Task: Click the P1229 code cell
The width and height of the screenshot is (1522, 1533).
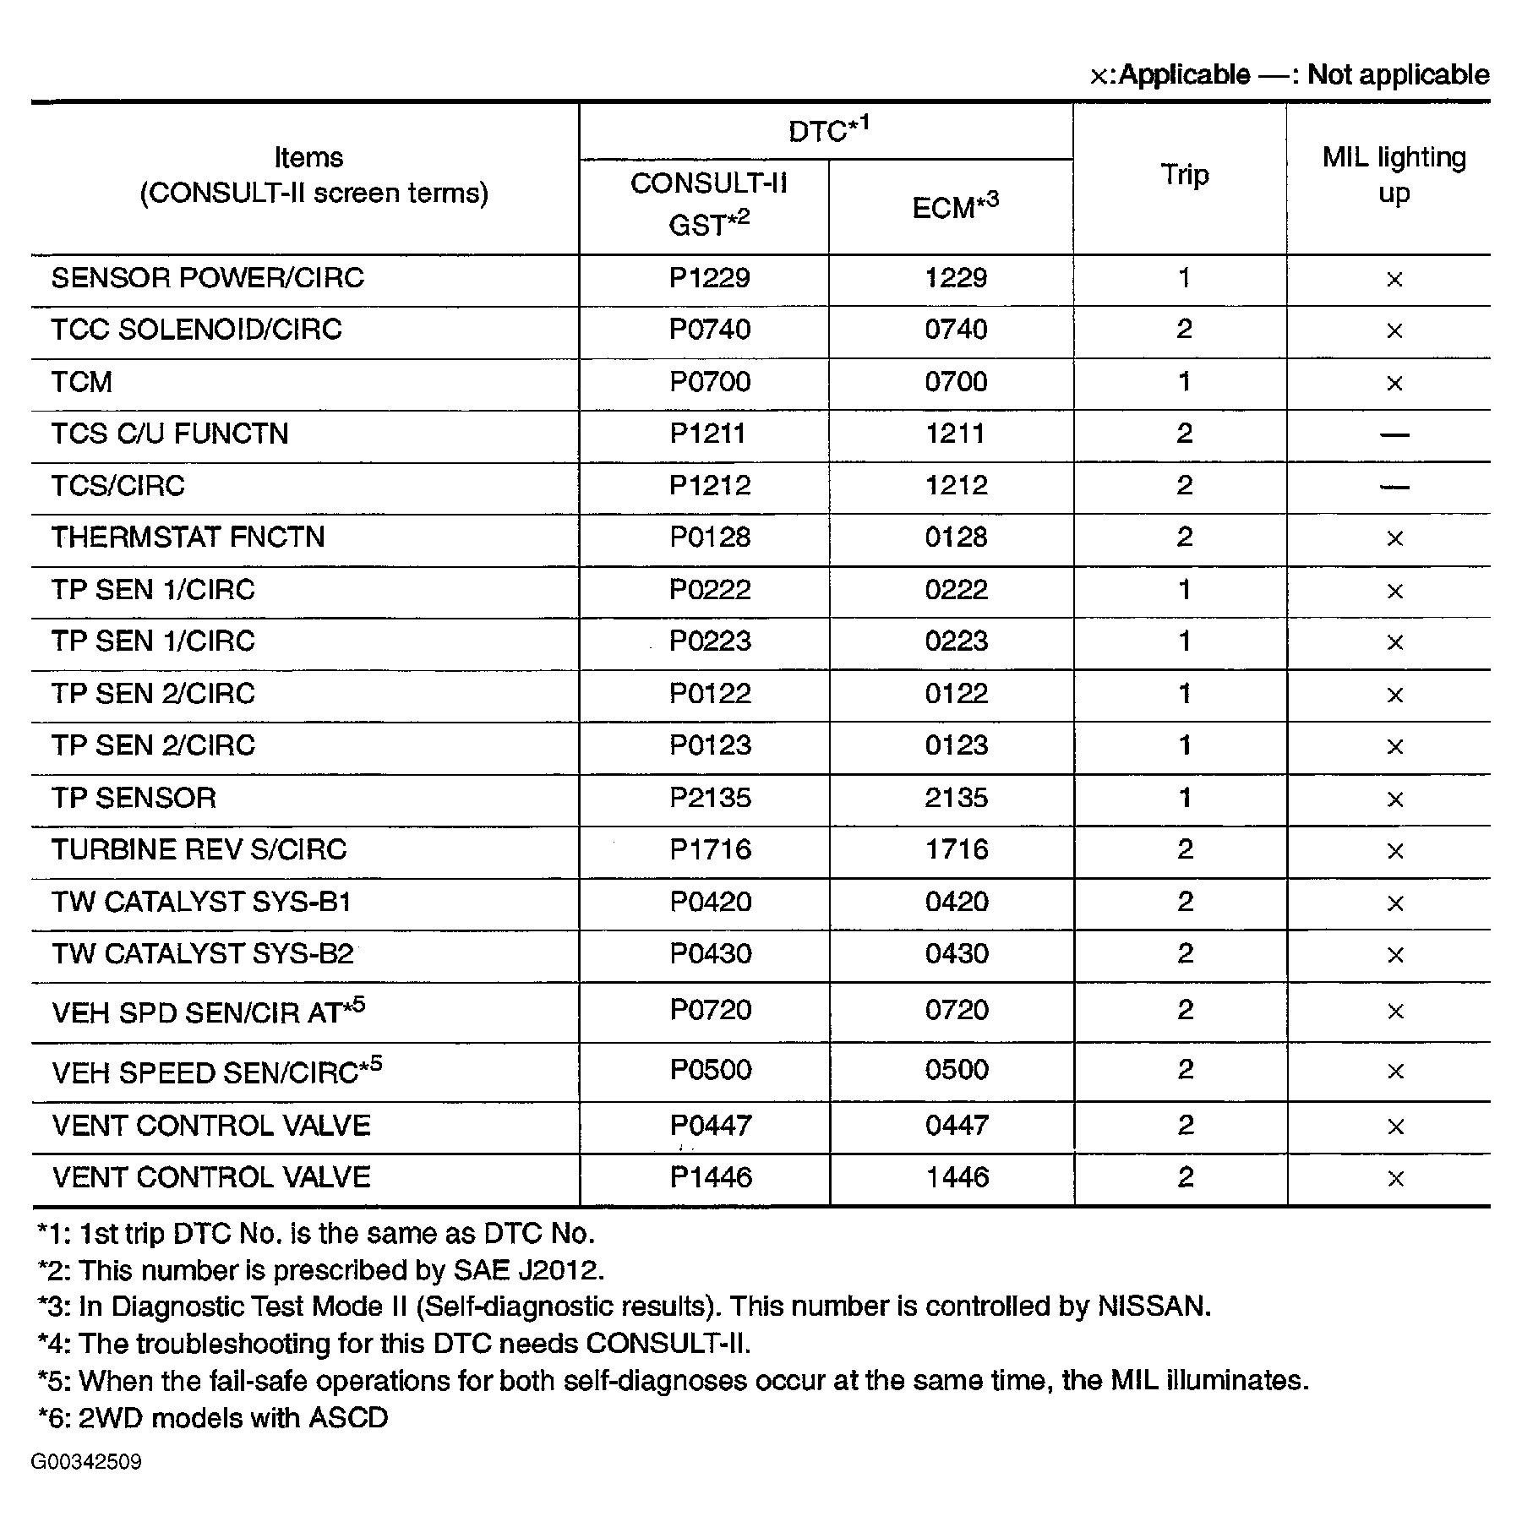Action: pos(709,278)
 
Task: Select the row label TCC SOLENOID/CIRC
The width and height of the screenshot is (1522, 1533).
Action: pos(197,330)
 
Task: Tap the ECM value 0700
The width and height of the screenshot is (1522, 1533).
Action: pos(956,382)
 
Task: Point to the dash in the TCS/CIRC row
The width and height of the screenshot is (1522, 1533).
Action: pos(1394,487)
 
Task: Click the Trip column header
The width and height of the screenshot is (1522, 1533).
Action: pos(1184,175)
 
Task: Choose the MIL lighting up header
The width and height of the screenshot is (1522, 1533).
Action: pos(1394,175)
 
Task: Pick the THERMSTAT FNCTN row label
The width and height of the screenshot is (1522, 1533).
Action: pos(188,537)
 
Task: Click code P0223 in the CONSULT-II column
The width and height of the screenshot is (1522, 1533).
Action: pos(710,641)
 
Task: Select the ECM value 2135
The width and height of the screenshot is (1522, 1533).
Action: pos(956,798)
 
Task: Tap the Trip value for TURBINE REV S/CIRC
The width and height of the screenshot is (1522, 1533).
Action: pos(1185,849)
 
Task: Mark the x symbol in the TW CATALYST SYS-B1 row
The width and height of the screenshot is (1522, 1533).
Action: pos(1395,903)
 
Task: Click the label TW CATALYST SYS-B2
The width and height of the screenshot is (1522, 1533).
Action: pos(203,954)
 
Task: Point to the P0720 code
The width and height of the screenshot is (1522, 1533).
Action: pos(711,1010)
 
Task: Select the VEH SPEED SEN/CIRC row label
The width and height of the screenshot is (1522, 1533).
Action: pos(205,1073)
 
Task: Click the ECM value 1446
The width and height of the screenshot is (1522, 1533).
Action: pos(957,1177)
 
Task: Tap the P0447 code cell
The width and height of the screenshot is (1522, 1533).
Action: pos(711,1126)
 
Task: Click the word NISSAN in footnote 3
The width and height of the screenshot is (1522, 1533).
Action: pos(1154,1307)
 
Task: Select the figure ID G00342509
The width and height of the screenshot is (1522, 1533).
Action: pos(86,1462)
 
